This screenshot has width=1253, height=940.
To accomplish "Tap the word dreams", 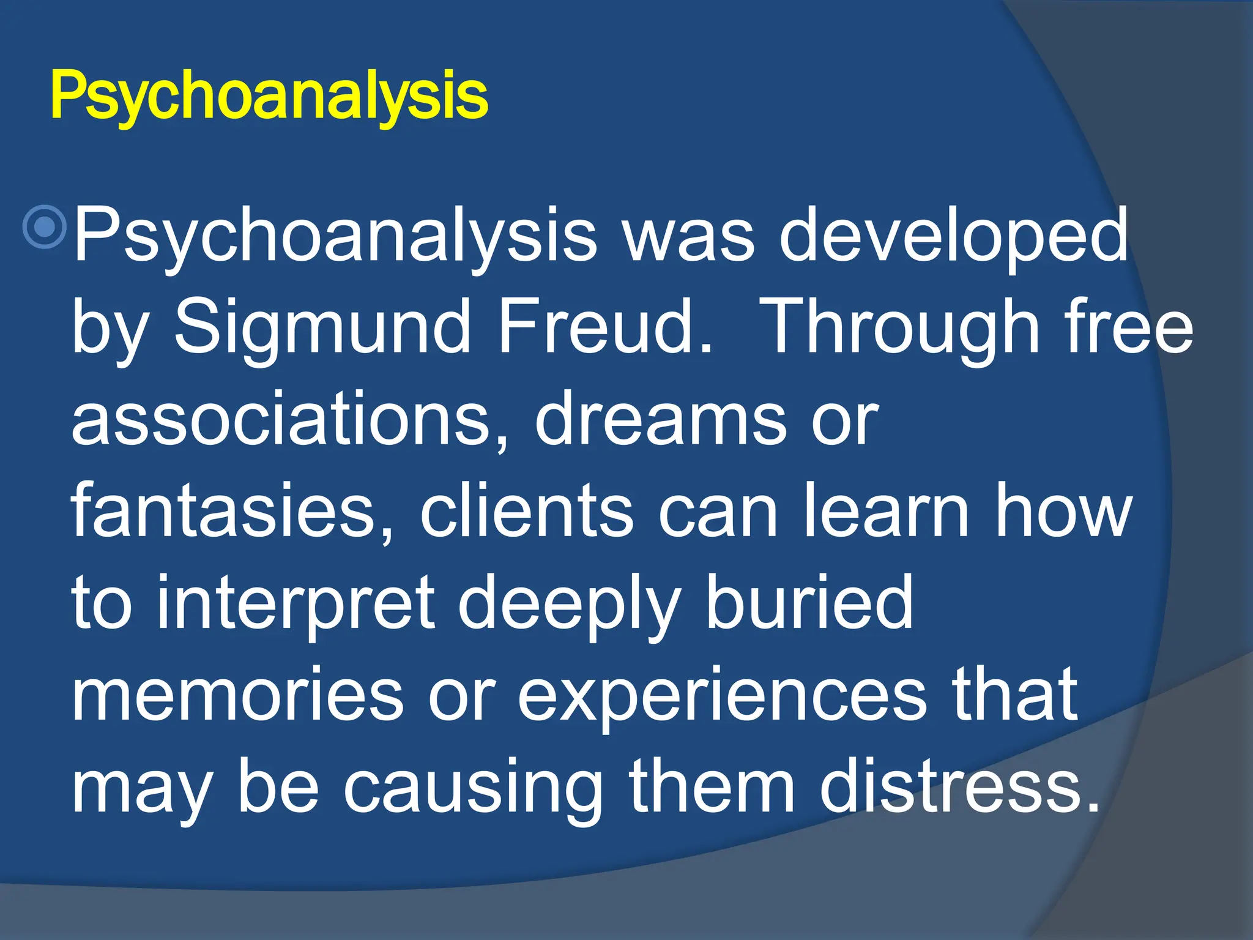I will (661, 419).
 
